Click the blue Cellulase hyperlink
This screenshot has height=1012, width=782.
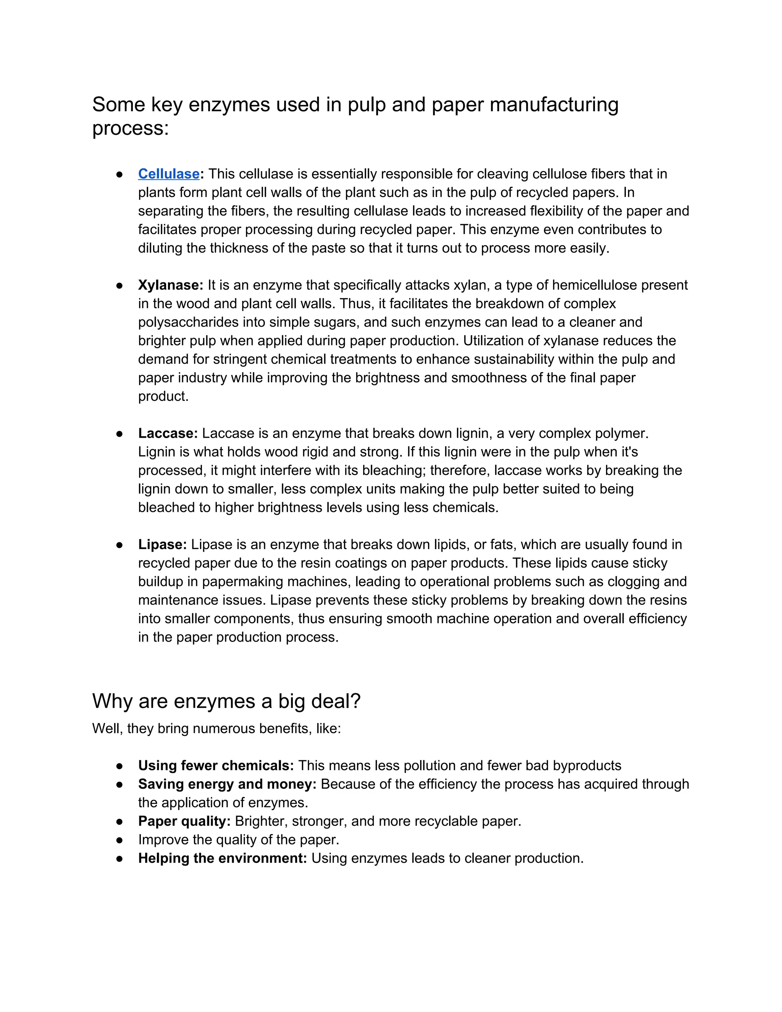click(169, 174)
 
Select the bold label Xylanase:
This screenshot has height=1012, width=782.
click(170, 285)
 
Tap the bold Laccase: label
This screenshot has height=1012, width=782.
click(168, 433)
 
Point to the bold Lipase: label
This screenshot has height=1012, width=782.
click(162, 545)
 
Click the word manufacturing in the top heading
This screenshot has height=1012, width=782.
click(554, 105)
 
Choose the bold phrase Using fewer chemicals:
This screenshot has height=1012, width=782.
click(216, 765)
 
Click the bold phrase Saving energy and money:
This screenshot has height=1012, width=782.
click(227, 784)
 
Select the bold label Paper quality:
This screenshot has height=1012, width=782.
click(184, 821)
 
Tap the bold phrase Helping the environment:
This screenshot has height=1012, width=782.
click(222, 858)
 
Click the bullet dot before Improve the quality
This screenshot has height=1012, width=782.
click(120, 840)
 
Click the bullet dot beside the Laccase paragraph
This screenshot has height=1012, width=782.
click(120, 434)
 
